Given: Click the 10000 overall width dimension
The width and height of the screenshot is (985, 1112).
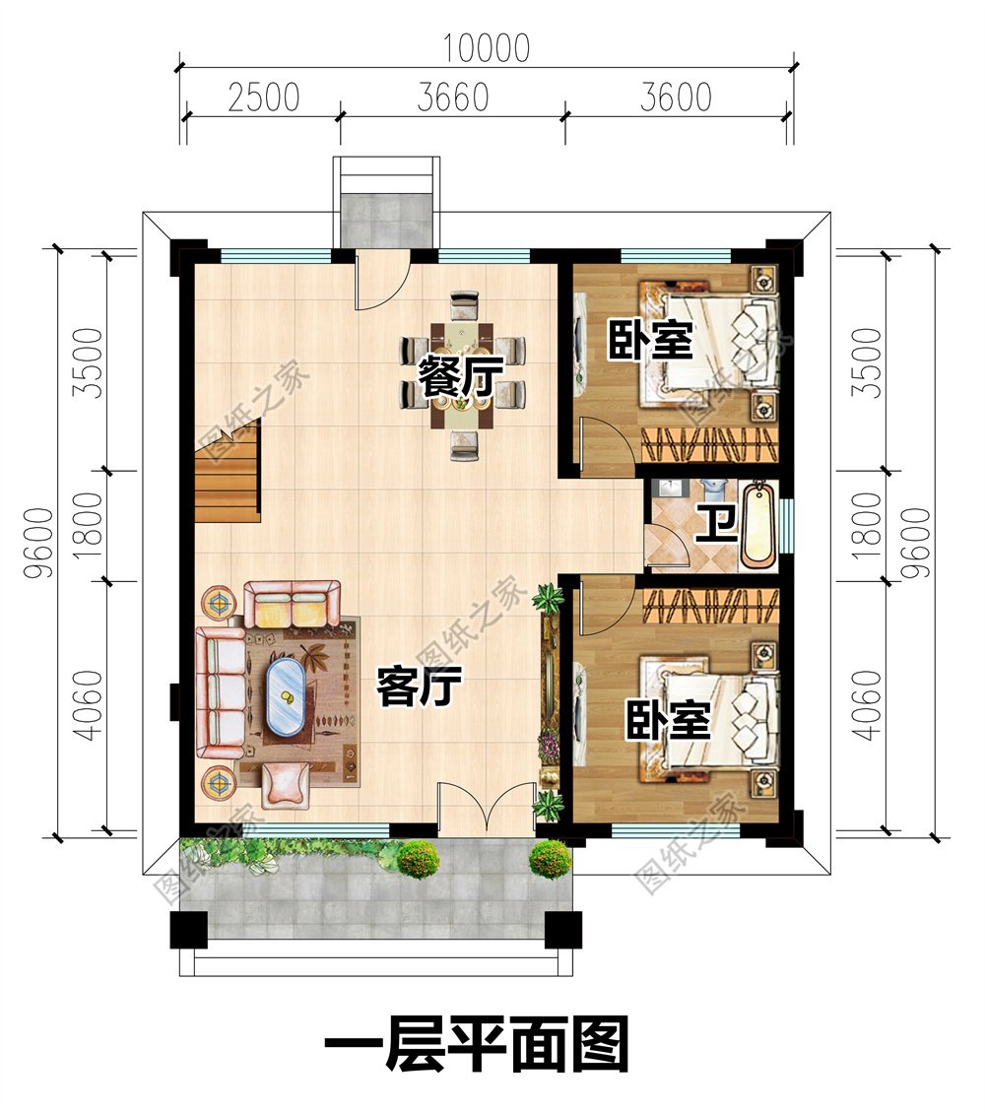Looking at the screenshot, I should (486, 47).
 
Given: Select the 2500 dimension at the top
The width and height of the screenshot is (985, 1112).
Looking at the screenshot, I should (263, 98).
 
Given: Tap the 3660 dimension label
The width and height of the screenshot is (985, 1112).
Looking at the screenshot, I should (452, 98).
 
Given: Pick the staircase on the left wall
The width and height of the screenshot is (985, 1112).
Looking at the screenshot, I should (229, 471).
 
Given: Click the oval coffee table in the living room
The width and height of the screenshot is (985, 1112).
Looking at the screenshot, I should (286, 697).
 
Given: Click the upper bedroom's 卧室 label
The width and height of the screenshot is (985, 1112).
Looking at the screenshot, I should (648, 341).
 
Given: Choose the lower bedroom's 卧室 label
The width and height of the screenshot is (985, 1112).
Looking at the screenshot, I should (668, 722).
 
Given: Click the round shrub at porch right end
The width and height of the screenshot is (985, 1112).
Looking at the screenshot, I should (549, 859).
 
